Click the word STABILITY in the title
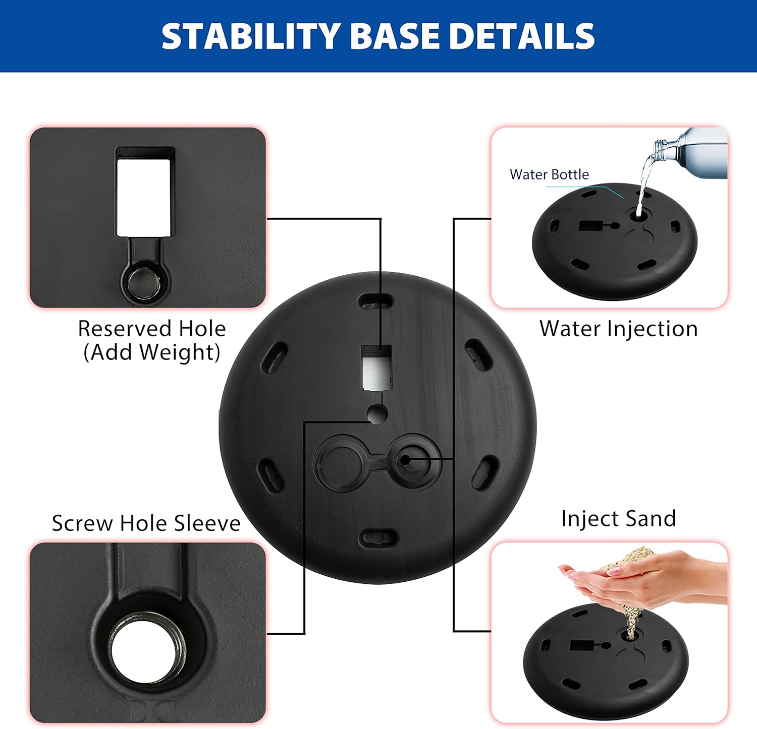click(x=251, y=36)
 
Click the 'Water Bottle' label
click(x=549, y=174)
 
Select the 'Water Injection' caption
click(x=618, y=329)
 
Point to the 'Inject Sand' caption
click(x=618, y=519)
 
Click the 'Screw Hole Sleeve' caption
click(x=146, y=523)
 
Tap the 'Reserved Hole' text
click(x=152, y=329)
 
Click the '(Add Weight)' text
click(x=152, y=352)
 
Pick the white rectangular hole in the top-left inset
click(x=143, y=198)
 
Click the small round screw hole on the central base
click(x=376, y=414)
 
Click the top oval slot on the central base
click(x=376, y=303)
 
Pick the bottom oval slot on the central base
click(x=379, y=537)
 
